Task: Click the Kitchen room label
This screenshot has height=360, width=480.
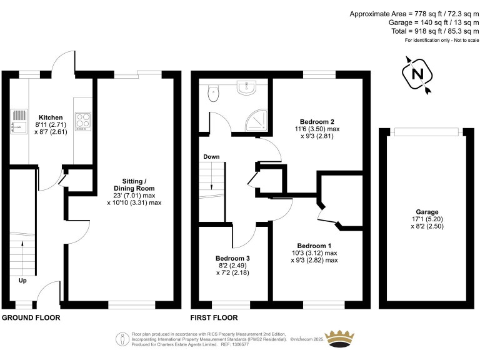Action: tap(51, 117)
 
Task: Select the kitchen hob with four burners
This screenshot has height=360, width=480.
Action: tap(83, 121)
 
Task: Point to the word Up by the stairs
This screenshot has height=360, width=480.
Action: tap(22, 281)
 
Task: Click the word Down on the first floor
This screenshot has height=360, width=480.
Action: tap(211, 157)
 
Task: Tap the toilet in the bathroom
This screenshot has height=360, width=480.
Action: tap(214, 94)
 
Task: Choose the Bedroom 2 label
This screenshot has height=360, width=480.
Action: tap(317, 121)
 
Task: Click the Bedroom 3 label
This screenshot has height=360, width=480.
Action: tap(232, 259)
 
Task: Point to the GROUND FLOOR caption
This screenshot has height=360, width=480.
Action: tap(31, 318)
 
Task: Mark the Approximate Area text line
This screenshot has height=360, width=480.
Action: tap(414, 14)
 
